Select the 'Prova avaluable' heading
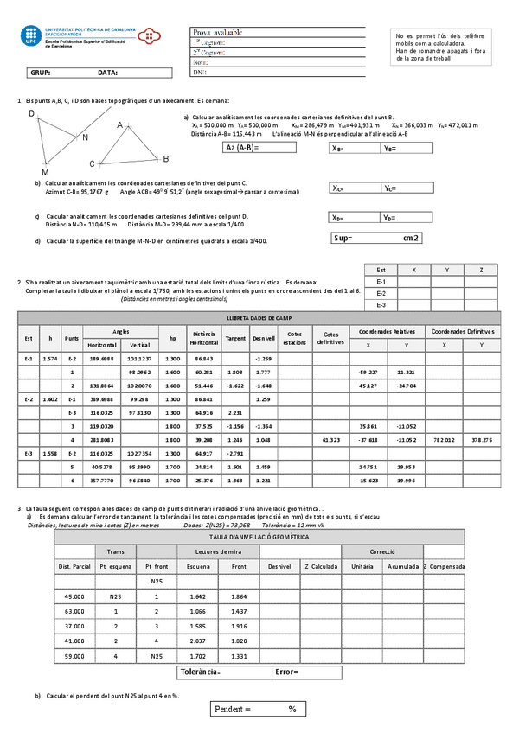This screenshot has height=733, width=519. point(217,33)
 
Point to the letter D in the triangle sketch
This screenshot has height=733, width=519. point(32,114)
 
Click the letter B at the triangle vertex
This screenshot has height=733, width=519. point(165,159)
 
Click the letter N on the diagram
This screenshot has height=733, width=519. point(85,137)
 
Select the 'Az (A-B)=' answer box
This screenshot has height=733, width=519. point(258,147)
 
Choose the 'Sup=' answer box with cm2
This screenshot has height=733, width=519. point(377,238)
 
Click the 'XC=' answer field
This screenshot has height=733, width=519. point(355,188)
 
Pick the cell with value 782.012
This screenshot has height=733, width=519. point(443,440)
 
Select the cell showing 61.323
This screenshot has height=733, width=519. point(330,440)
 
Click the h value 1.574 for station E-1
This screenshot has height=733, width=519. point(50,358)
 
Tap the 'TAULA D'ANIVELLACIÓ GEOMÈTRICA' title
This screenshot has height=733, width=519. point(260,537)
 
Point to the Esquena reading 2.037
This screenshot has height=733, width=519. point(197,641)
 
